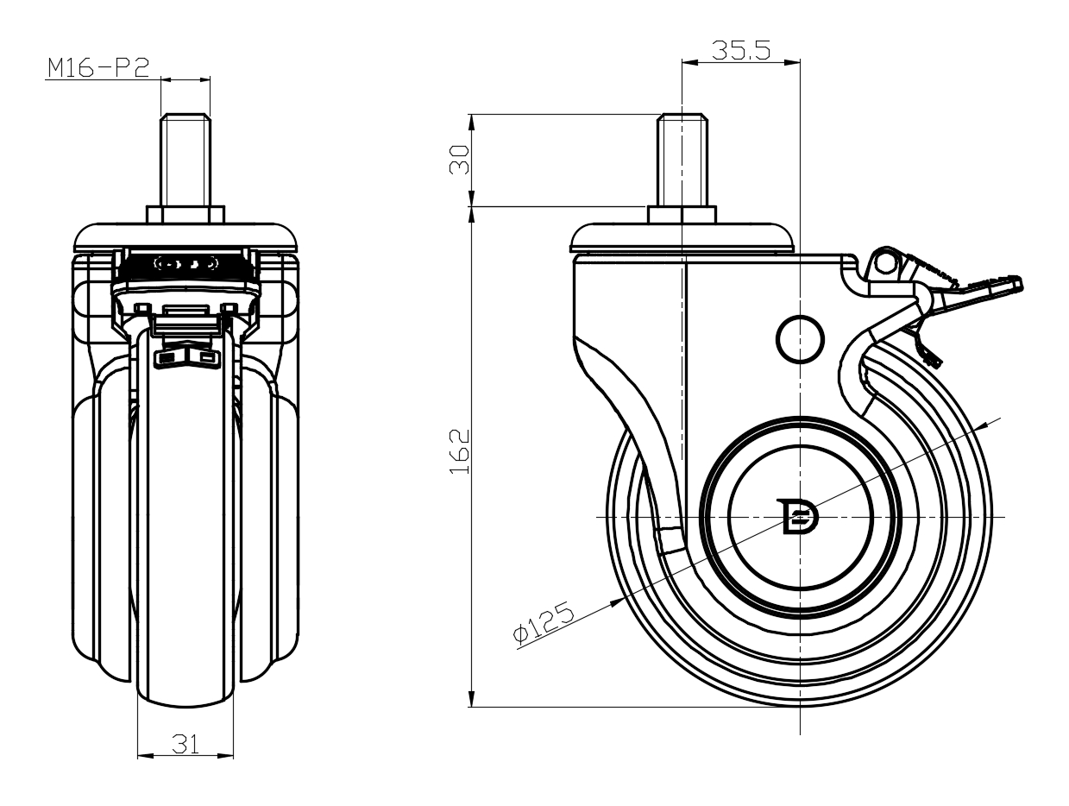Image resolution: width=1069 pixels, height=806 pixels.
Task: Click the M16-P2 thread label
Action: [98, 68]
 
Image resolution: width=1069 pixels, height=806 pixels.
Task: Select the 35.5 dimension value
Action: [741, 50]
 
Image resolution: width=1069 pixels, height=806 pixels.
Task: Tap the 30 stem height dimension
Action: [459, 160]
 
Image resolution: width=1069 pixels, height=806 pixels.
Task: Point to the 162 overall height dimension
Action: [459, 451]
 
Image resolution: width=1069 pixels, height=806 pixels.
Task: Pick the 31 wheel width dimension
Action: [186, 745]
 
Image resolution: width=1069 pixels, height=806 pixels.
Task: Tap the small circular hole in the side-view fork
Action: [800, 339]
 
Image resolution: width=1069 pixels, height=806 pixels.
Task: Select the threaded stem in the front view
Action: [186, 160]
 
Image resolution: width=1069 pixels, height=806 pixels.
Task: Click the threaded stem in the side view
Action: [682, 160]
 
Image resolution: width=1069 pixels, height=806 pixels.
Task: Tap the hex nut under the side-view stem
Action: [682, 215]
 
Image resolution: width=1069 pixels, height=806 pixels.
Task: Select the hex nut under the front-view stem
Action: [186, 215]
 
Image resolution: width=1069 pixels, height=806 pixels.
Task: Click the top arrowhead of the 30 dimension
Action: [471, 122]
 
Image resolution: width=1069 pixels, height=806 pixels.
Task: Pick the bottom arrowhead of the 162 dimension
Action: [471, 699]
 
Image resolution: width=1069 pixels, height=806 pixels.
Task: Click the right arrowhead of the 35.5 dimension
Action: [792, 62]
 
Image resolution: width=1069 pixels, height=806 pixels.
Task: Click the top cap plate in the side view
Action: [682, 238]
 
